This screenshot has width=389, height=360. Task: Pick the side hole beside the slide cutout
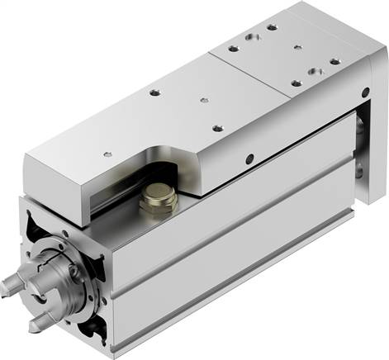coord(249,158)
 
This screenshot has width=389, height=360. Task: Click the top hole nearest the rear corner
coord(272,27)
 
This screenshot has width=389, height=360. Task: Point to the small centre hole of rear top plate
coord(298,47)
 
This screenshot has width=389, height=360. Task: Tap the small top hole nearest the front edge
coord(105,154)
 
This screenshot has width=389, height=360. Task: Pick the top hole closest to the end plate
coord(334,61)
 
